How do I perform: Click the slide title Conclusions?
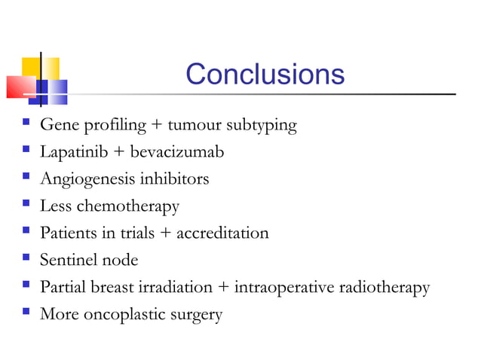265,75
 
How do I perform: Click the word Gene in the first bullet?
57,124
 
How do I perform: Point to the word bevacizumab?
177,152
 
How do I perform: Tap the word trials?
135,233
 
